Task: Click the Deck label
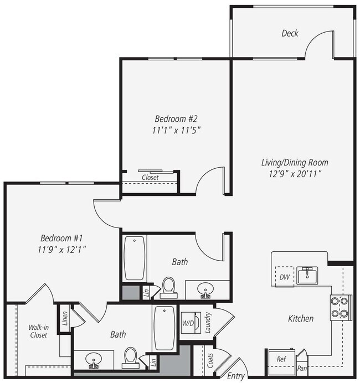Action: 290,33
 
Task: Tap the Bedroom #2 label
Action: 176,118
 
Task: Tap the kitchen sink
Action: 306,275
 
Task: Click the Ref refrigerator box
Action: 281,359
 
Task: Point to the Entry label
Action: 236,376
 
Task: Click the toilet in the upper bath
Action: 168,287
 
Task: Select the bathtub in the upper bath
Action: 135,258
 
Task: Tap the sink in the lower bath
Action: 93,361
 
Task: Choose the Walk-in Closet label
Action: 38,331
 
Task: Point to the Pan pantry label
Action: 302,368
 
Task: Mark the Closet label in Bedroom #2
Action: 150,178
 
